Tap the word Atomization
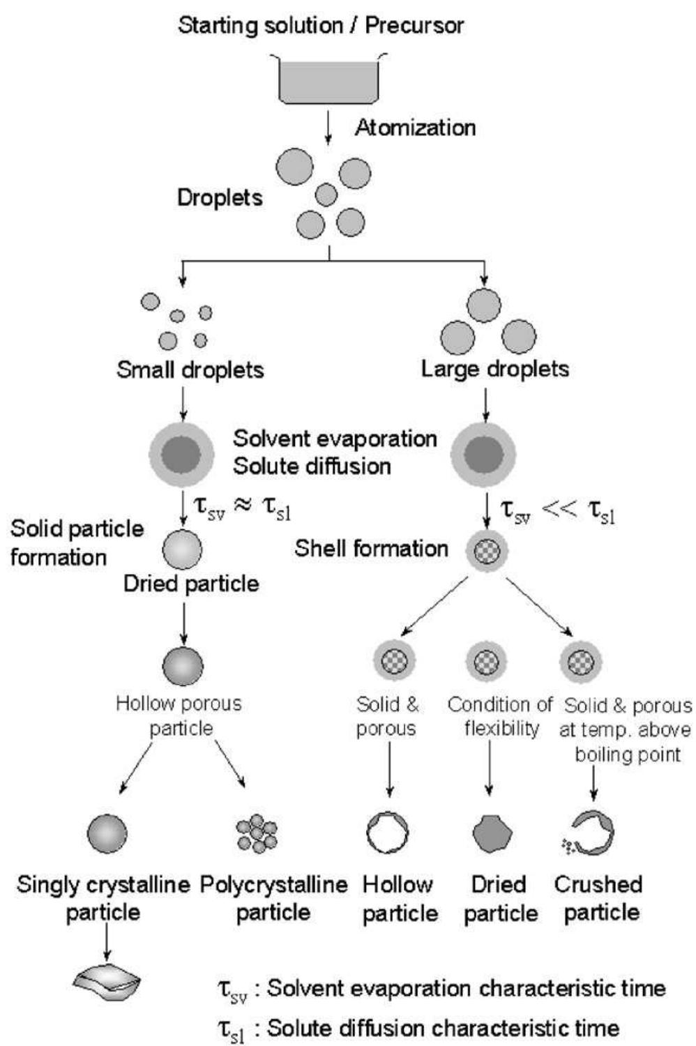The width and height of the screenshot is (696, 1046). click(415, 128)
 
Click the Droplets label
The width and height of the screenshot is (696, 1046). click(220, 197)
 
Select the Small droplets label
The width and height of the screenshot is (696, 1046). click(190, 369)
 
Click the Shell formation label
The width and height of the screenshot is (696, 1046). click(371, 548)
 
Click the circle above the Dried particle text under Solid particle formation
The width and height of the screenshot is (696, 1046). click(183, 549)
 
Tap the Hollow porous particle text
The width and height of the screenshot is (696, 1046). click(179, 715)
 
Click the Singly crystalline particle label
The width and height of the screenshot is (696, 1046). click(103, 898)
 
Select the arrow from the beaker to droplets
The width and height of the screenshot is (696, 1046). click(328, 129)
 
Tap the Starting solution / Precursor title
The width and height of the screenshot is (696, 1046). click(321, 26)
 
